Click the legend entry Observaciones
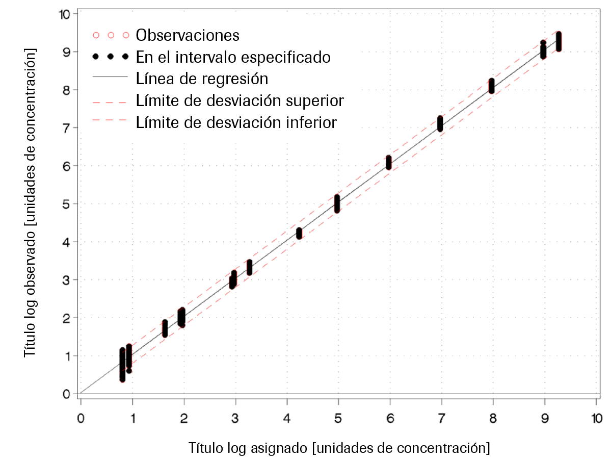pos(188,35)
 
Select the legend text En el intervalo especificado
pos(233,57)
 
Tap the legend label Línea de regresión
pos(202,79)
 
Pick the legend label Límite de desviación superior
pos(240,100)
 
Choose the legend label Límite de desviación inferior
pos(236,122)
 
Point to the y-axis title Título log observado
pos(31,203)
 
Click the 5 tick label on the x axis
pos(338,418)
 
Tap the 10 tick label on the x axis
pos(596,418)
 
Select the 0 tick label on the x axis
pos(81,418)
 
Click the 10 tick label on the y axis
pos(65,14)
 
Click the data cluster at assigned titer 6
pos(389,163)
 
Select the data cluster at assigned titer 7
pos(440,123)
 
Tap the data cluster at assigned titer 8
pos(492,85)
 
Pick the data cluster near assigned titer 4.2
pos(299,233)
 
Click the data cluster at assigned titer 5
pos(337,203)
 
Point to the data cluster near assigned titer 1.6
pos(165,328)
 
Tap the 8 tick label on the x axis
pos(493,418)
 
